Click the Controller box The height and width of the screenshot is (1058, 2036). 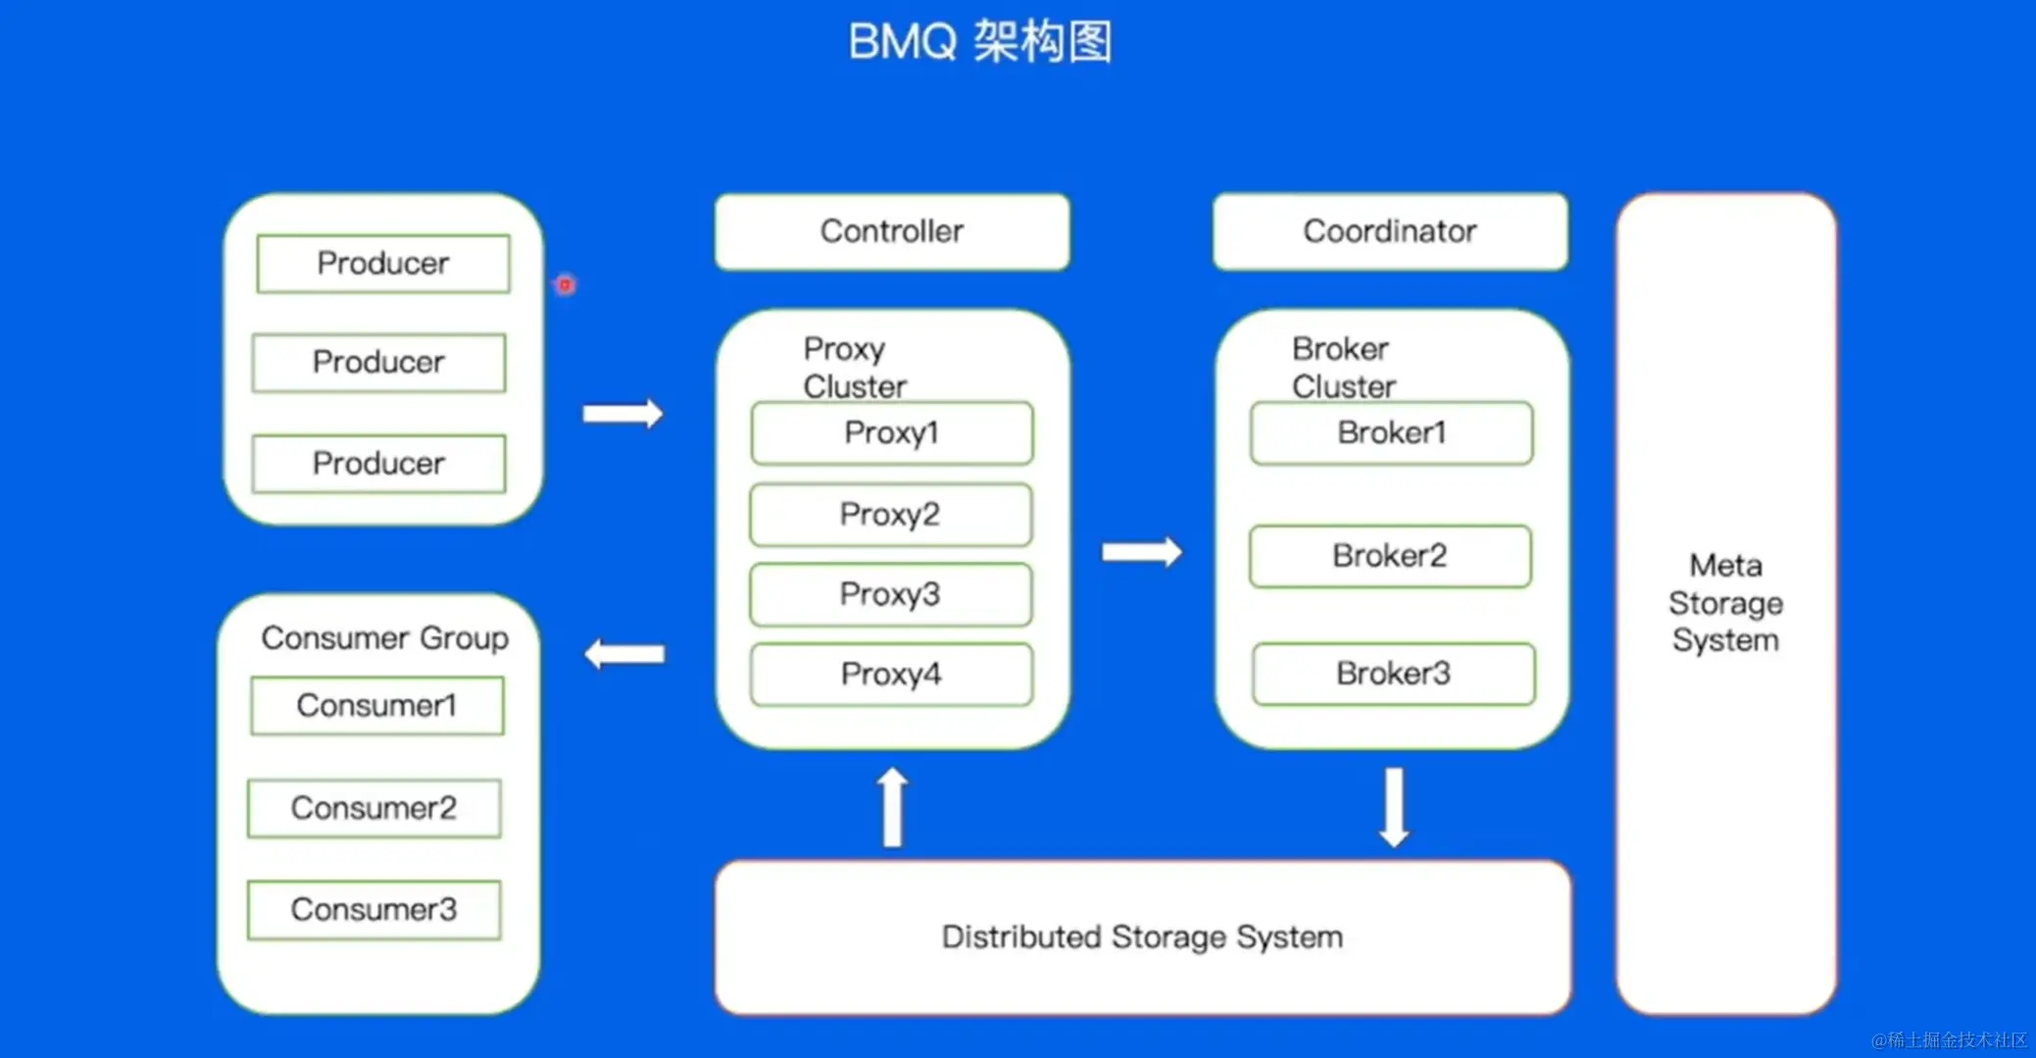tap(891, 231)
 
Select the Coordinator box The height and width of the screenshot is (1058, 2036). tap(1389, 231)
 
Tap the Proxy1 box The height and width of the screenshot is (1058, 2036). tap(891, 432)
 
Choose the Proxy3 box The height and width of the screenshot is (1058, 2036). tap(890, 594)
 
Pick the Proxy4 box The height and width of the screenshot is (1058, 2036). tap(890, 674)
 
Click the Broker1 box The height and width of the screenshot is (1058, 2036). tap(1391, 432)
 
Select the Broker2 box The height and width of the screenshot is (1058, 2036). tap(1389, 556)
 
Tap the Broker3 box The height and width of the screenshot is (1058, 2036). tap(1393, 674)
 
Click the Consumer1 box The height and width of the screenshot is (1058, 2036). tap(376, 705)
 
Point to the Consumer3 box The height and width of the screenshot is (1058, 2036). tap(373, 909)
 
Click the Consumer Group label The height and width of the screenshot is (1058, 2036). tap(384, 638)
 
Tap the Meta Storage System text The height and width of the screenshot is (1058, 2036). tap(1725, 603)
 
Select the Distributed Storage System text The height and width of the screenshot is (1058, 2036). tap(1142, 937)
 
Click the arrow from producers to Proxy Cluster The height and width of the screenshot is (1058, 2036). tap(623, 413)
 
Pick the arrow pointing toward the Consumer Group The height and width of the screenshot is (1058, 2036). tap(624, 654)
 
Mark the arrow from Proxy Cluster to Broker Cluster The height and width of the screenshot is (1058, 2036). tap(1142, 552)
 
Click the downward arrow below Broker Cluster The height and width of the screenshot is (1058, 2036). tap(1394, 807)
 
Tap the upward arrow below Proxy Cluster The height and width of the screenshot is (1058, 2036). tap(892, 807)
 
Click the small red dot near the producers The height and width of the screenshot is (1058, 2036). tap(566, 285)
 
